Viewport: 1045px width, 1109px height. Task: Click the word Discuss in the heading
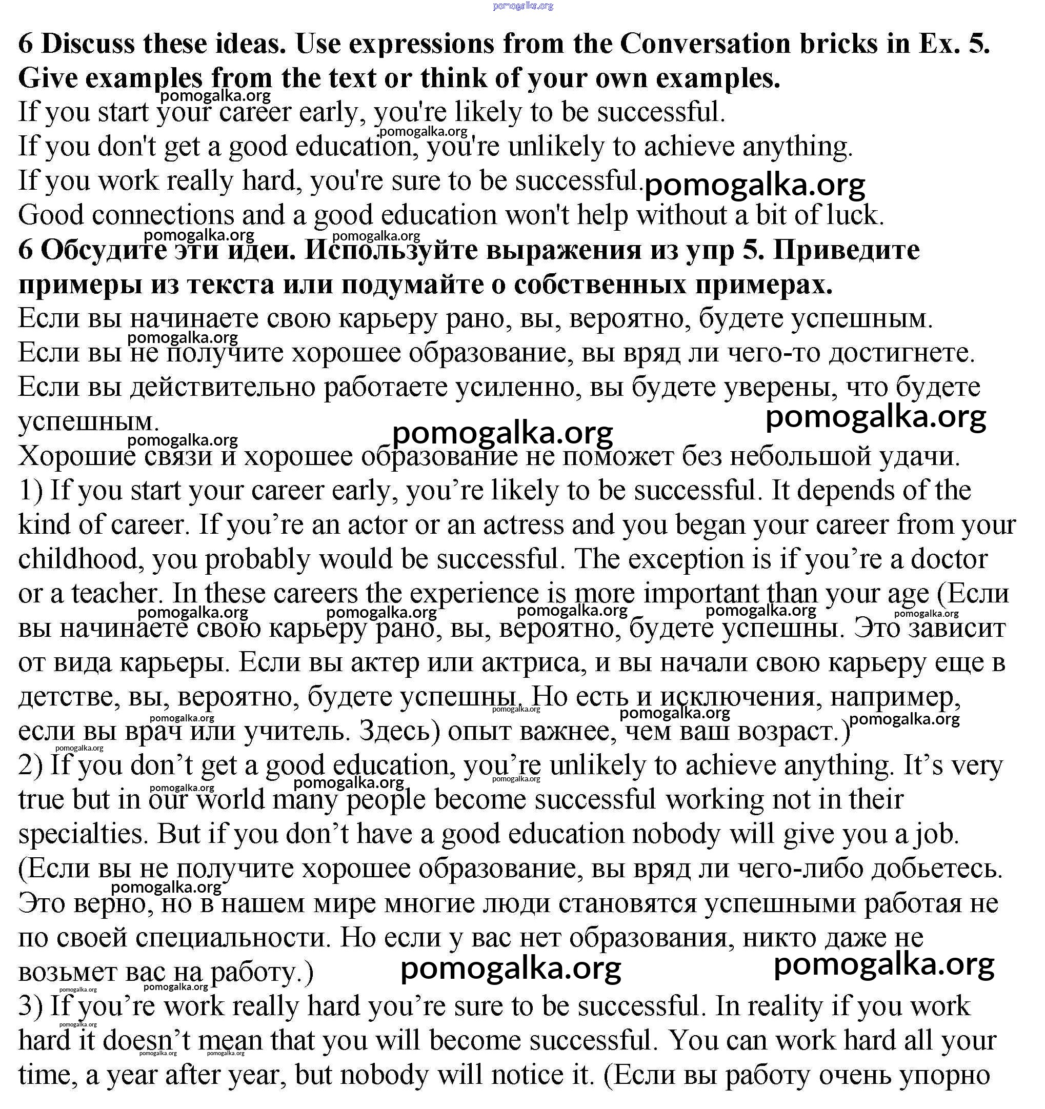88,44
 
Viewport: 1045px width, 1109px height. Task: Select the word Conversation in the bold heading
705,44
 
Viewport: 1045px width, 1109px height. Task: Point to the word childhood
77,559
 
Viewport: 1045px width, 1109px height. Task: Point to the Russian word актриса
530,663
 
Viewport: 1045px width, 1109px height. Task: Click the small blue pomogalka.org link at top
523,6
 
